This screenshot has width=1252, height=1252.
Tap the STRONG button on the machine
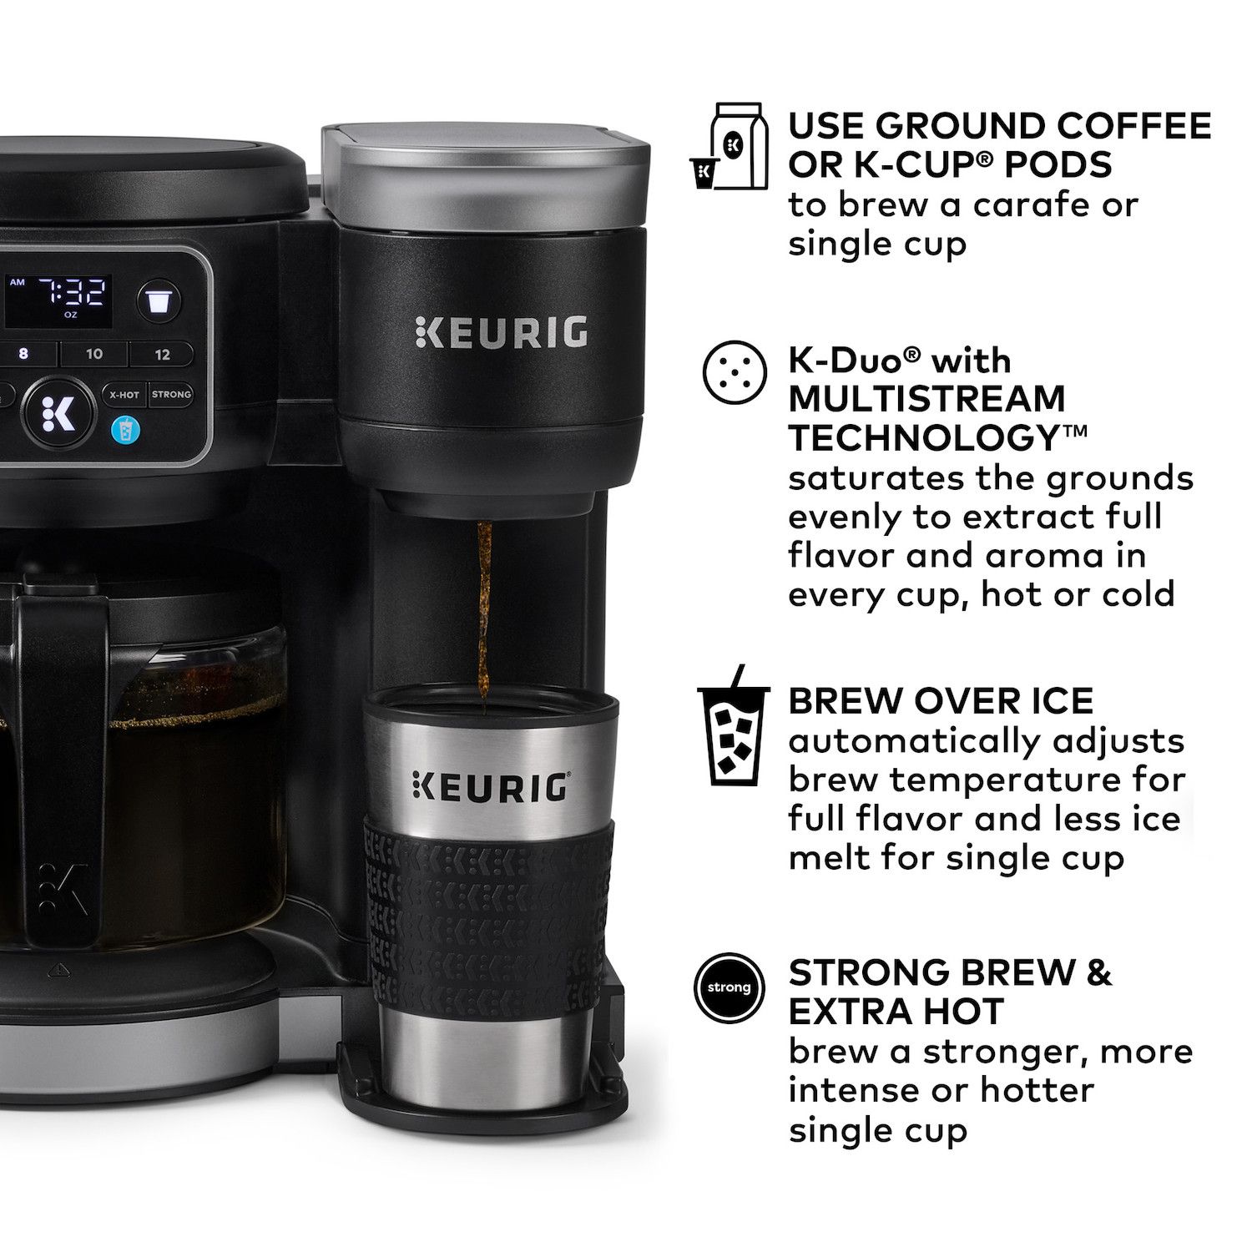[x=171, y=394]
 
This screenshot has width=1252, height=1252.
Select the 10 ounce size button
[x=94, y=354]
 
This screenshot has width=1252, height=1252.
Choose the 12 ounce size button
[x=162, y=354]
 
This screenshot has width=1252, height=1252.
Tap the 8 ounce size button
[x=23, y=354]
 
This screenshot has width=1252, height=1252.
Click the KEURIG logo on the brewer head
[x=501, y=331]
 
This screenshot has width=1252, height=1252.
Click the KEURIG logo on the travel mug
[x=489, y=786]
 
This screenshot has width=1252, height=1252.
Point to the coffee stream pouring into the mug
[x=482, y=609]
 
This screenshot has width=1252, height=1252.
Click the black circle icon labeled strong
[x=729, y=987]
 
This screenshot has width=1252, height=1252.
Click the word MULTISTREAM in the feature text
[x=926, y=399]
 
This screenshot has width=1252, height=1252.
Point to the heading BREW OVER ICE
[x=941, y=701]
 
